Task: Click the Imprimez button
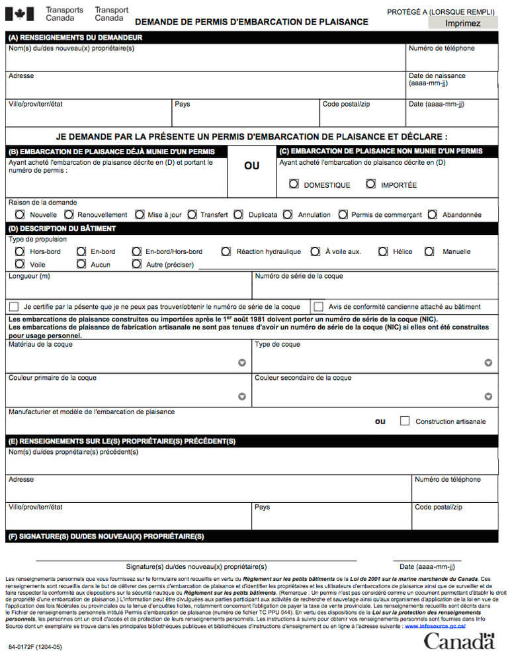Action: pyautogui.click(x=462, y=23)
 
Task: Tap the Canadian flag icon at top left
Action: pyautogui.click(x=19, y=14)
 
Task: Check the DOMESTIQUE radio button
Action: pyautogui.click(x=294, y=184)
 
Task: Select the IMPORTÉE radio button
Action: pyautogui.click(x=370, y=184)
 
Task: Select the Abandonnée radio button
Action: pyautogui.click(x=432, y=214)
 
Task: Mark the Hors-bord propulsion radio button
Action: pyautogui.click(x=20, y=251)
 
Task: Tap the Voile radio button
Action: pyautogui.click(x=20, y=264)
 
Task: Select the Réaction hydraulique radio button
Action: pyautogui.click(x=226, y=251)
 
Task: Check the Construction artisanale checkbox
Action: pyautogui.click(x=404, y=421)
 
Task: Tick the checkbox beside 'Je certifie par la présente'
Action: pyautogui.click(x=14, y=306)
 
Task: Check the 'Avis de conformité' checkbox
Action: pyautogui.click(x=318, y=306)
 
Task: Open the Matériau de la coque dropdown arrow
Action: pyautogui.click(x=242, y=363)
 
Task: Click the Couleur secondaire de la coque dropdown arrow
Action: pyautogui.click(x=488, y=396)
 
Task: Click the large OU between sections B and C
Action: pyautogui.click(x=251, y=166)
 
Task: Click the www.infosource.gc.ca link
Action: pyautogui.click(x=435, y=625)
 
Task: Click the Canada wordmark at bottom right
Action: pyautogui.click(x=459, y=640)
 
